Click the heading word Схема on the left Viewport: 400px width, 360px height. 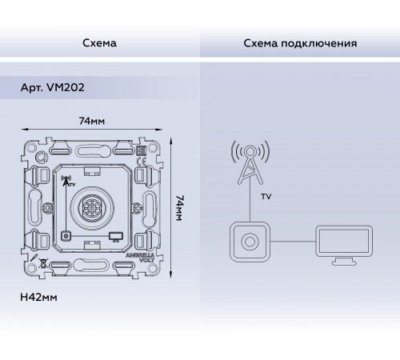click(100, 42)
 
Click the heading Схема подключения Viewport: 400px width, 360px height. click(300, 42)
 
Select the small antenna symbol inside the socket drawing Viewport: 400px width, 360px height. click(66, 181)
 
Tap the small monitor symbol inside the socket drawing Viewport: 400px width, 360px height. click(116, 237)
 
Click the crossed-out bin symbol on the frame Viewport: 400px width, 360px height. click(42, 264)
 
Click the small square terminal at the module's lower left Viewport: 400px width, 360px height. click(65, 237)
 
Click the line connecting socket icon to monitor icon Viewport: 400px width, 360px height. click(291, 242)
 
